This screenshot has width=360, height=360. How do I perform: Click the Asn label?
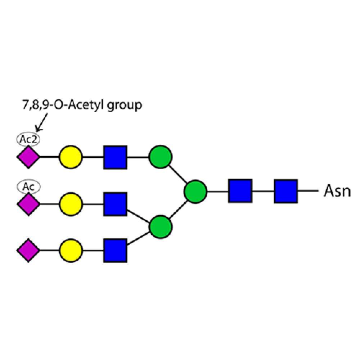point(337,191)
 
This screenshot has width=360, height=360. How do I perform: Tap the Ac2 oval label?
point(28,139)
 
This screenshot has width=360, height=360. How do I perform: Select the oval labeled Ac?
point(28,186)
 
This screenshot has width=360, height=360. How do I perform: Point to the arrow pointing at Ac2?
point(41,122)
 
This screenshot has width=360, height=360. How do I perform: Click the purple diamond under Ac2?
point(28,157)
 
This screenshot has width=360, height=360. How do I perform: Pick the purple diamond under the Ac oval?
point(28,204)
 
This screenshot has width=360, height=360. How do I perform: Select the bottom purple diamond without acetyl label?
point(28,250)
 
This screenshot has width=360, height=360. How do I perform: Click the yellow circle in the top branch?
point(71,157)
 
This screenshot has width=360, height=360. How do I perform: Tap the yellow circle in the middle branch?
point(71,204)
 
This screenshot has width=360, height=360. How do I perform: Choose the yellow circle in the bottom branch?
point(71,251)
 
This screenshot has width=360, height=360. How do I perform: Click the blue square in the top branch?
point(115,157)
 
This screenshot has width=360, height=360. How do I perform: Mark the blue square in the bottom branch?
point(115,251)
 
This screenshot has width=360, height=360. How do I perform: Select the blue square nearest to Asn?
point(286,191)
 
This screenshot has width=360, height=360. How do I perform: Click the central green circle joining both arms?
point(195,192)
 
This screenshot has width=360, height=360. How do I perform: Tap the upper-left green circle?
point(161,157)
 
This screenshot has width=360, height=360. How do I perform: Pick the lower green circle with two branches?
point(161,227)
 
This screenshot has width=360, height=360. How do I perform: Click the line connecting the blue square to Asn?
point(308,191)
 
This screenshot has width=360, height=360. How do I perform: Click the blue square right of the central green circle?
point(240,191)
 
